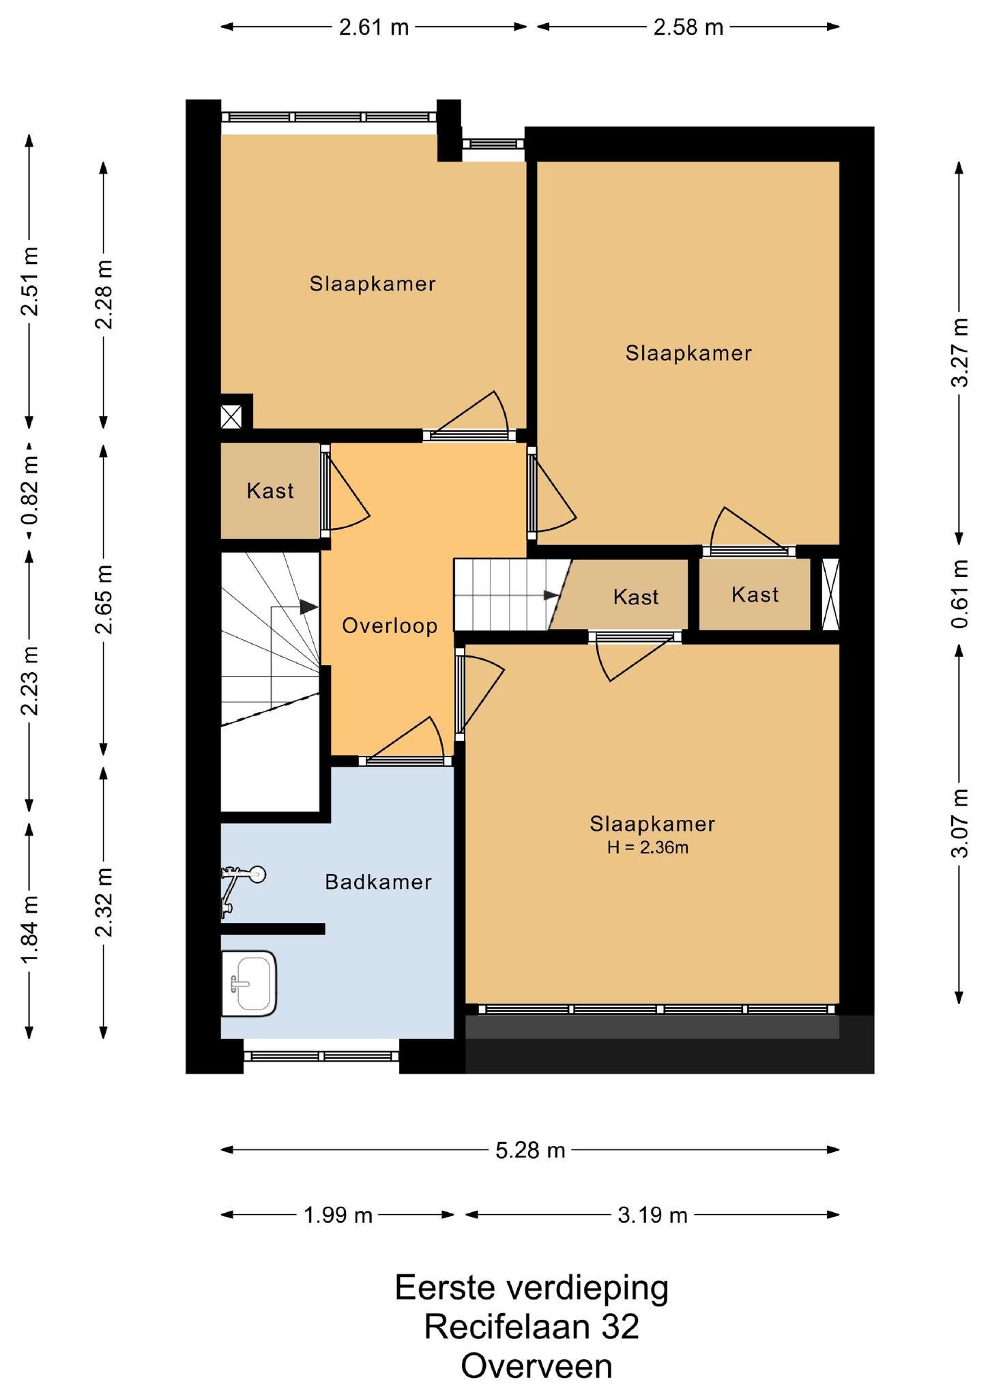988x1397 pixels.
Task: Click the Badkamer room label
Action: (x=378, y=882)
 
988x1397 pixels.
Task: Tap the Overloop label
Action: (x=390, y=626)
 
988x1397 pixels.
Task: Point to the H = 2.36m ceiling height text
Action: (x=648, y=848)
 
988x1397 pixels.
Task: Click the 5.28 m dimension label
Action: (x=531, y=1150)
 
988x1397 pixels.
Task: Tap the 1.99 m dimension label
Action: (x=338, y=1215)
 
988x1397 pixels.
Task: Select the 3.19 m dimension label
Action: (x=653, y=1215)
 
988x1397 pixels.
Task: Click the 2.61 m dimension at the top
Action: (x=375, y=27)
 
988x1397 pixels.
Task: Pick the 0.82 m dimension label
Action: (x=29, y=490)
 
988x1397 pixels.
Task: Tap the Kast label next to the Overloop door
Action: (x=270, y=490)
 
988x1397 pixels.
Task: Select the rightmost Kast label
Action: (x=755, y=595)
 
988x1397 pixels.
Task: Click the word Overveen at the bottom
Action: (x=536, y=1366)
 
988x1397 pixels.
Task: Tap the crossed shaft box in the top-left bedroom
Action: (x=231, y=417)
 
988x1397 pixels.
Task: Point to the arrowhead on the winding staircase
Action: (x=308, y=606)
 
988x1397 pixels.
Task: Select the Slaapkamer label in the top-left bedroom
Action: (x=373, y=284)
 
